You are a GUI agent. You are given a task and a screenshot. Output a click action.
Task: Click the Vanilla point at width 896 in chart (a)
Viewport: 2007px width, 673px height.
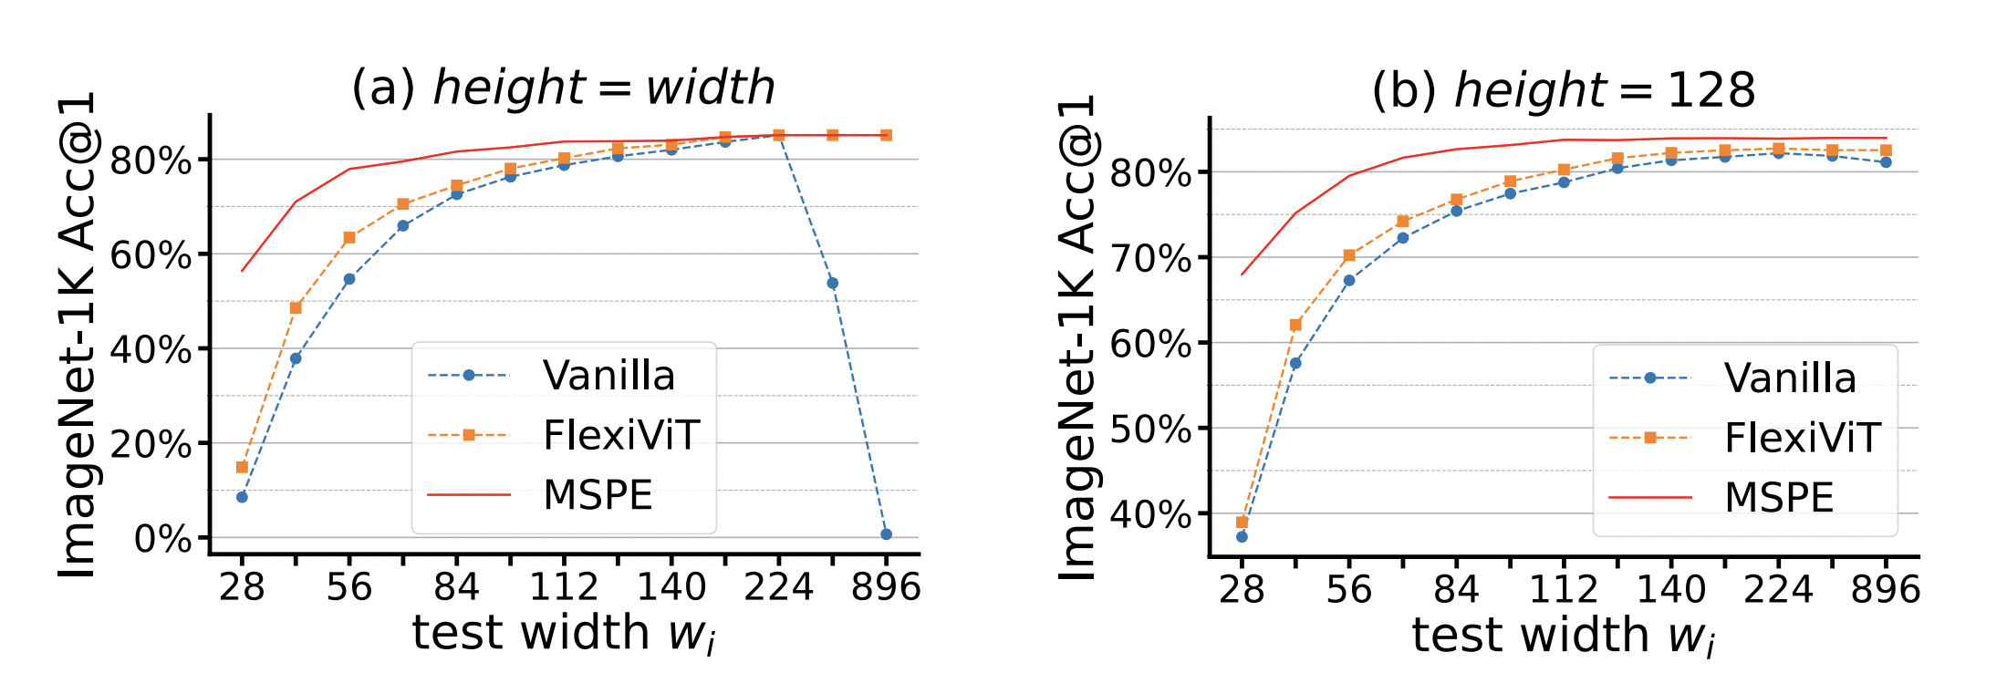pyautogui.click(x=886, y=534)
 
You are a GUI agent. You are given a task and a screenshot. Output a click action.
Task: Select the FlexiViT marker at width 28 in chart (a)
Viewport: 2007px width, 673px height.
pyautogui.click(x=242, y=467)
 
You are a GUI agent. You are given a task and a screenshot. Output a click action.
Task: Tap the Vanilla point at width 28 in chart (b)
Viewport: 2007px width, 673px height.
pyautogui.click(x=1242, y=536)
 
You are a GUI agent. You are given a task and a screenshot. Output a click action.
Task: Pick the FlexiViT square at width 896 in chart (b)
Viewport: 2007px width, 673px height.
pyautogui.click(x=1886, y=150)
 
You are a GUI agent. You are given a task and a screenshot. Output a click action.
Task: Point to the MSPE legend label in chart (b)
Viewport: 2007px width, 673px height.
pyautogui.click(x=1779, y=498)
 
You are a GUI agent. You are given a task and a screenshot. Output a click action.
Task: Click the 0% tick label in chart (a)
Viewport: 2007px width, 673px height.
pyautogui.click(x=162, y=539)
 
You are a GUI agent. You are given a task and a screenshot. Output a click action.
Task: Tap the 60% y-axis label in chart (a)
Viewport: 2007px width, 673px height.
pyautogui.click(x=151, y=255)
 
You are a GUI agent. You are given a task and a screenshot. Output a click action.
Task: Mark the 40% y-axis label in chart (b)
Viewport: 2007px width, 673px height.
pyautogui.click(x=1150, y=515)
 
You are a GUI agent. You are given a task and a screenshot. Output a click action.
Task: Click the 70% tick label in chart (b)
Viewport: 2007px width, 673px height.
pyautogui.click(x=1150, y=259)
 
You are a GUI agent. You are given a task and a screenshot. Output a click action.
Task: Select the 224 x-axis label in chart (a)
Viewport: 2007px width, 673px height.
pyautogui.click(x=778, y=587)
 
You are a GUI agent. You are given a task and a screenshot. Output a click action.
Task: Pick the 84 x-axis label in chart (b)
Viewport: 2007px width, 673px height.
pyautogui.click(x=1456, y=590)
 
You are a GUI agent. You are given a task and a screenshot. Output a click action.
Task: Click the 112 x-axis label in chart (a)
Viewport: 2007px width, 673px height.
pyautogui.click(x=564, y=587)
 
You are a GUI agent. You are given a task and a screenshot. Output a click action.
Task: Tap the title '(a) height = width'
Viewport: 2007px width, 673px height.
pyautogui.click(x=563, y=88)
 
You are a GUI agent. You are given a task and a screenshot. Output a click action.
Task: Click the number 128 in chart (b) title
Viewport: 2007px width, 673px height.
pyautogui.click(x=1711, y=90)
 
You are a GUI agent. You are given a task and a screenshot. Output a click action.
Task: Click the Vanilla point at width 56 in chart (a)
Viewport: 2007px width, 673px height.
pyautogui.click(x=349, y=279)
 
